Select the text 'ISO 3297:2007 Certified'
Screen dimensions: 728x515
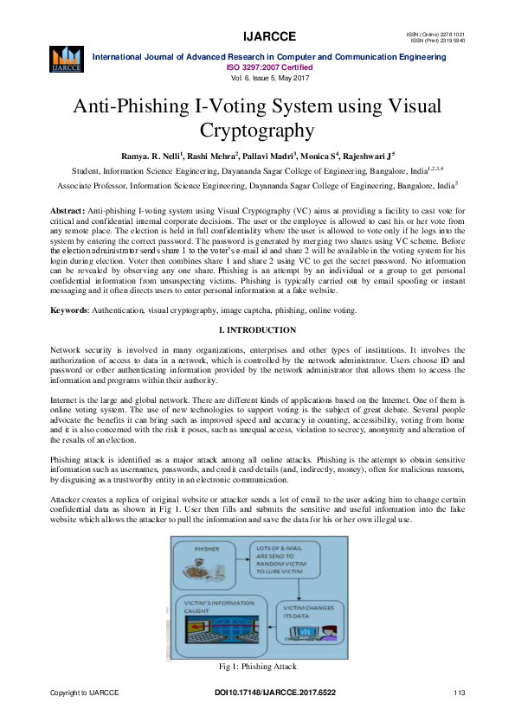tap(270, 67)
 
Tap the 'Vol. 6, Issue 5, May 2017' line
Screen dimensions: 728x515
tap(270, 78)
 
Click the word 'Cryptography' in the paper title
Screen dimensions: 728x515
tap(256, 131)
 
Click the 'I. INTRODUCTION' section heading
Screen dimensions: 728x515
tap(257, 329)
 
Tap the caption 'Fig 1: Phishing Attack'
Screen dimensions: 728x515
tap(257, 667)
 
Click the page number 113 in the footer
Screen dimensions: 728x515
tap(459, 693)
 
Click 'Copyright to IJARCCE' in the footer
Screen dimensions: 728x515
tap(84, 693)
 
